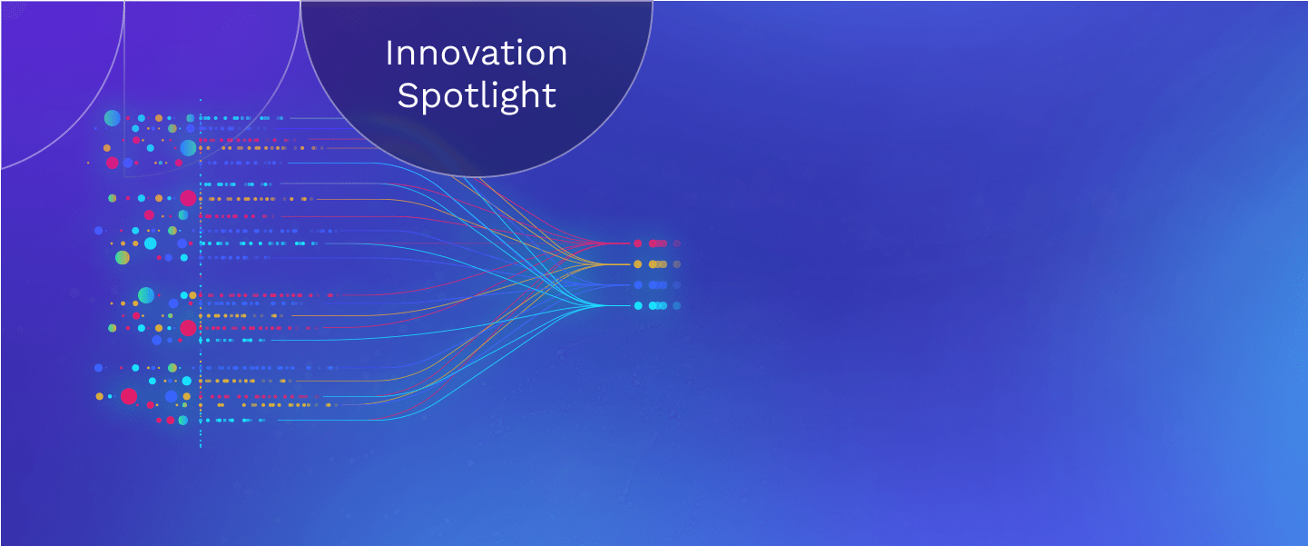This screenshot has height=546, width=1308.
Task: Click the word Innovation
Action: pos(477,54)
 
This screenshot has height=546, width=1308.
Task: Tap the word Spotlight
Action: pos(477,96)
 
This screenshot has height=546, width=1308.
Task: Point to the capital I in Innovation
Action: pos(388,54)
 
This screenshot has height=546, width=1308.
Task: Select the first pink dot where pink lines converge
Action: pos(637,243)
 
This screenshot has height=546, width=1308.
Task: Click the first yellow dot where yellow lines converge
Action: pos(637,264)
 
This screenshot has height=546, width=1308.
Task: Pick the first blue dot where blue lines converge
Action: pos(638,284)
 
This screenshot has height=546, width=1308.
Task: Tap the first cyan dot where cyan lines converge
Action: pos(638,306)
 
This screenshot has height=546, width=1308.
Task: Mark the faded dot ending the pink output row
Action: pos(677,243)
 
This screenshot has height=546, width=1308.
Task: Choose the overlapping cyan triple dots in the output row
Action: pos(658,306)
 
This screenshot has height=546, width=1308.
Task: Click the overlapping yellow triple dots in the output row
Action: pos(658,264)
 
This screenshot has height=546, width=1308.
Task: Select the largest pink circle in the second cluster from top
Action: pos(188,198)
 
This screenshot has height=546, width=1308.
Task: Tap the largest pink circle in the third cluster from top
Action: pos(188,328)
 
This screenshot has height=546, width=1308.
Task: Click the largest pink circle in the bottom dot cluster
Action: pos(129,396)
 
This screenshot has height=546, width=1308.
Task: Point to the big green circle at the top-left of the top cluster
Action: pos(113,118)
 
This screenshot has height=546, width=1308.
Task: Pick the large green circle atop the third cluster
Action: pos(146,295)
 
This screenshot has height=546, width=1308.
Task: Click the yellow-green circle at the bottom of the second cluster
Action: pos(122,257)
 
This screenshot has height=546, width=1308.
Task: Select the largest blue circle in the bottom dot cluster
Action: pos(171,396)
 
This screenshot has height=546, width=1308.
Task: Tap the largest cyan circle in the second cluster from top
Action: pos(150,243)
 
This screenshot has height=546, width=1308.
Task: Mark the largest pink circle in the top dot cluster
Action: pos(113,163)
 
